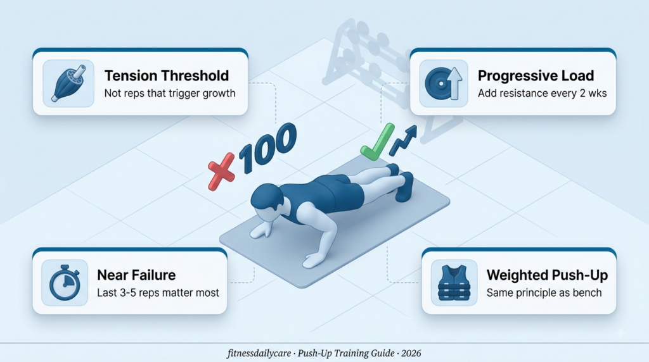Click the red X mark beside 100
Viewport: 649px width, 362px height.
pyautogui.click(x=221, y=172)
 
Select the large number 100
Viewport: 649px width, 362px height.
pyautogui.click(x=268, y=147)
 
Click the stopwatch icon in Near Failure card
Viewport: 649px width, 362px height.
pyautogui.click(x=65, y=283)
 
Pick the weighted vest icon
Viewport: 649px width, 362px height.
pyautogui.click(x=454, y=283)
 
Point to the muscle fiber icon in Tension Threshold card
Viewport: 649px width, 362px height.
pyautogui.click(x=68, y=83)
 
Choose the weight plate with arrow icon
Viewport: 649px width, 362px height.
pyautogui.click(x=443, y=84)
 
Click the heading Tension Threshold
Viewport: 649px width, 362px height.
pyautogui.click(x=167, y=75)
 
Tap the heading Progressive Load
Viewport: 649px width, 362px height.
pyautogui.click(x=536, y=75)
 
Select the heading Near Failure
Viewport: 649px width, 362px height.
pyautogui.click(x=136, y=275)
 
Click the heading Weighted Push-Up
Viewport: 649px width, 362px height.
pyautogui.click(x=547, y=275)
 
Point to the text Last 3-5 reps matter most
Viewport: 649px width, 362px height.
pyautogui.click(x=158, y=292)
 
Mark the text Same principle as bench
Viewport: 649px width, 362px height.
pyautogui.click(x=544, y=292)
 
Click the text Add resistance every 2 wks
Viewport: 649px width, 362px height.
pyautogui.click(x=543, y=93)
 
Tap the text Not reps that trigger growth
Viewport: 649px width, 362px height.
pyautogui.click(x=170, y=93)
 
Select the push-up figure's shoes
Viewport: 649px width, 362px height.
pyautogui.click(x=401, y=182)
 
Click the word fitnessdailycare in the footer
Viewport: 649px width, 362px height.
pyautogui.click(x=259, y=353)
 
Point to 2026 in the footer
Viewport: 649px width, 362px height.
pyautogui.click(x=411, y=353)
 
